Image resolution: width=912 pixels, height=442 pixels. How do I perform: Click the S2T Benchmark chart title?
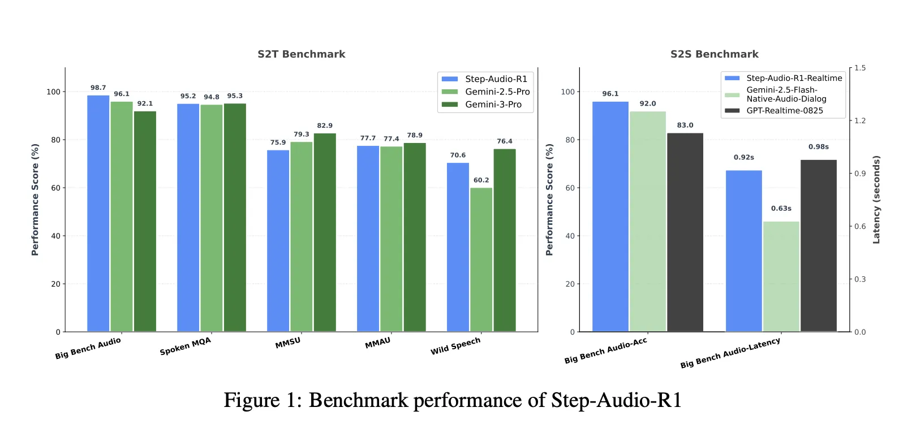(x=301, y=54)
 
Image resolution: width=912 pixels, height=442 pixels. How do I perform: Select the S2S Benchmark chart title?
(x=714, y=54)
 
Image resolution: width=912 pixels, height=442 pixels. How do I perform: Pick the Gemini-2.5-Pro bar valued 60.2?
(x=481, y=259)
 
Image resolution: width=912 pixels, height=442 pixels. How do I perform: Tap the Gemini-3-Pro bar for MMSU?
(x=325, y=232)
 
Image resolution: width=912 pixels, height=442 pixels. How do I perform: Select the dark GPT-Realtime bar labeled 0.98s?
(x=818, y=245)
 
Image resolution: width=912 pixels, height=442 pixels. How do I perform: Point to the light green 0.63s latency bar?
(x=781, y=276)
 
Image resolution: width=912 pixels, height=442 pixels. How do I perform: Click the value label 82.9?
(x=325, y=125)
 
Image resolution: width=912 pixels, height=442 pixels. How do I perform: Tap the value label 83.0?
(x=685, y=125)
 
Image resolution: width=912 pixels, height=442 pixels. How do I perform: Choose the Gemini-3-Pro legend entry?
(x=493, y=105)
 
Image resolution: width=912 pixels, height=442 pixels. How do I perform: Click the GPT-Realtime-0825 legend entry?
(x=784, y=111)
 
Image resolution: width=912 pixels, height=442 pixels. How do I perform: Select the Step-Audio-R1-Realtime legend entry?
(x=794, y=78)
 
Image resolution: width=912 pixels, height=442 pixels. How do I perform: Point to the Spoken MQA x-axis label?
(x=186, y=346)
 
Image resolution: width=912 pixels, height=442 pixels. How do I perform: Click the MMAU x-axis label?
(x=378, y=343)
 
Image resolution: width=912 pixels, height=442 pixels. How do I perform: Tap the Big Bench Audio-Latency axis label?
(x=730, y=353)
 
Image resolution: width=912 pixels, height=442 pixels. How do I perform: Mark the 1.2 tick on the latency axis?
(x=860, y=120)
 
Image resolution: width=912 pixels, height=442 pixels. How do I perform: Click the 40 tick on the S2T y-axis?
(x=55, y=236)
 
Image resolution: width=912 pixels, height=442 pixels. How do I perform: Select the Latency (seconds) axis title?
(x=876, y=200)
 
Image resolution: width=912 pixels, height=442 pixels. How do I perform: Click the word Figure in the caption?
(x=251, y=400)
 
